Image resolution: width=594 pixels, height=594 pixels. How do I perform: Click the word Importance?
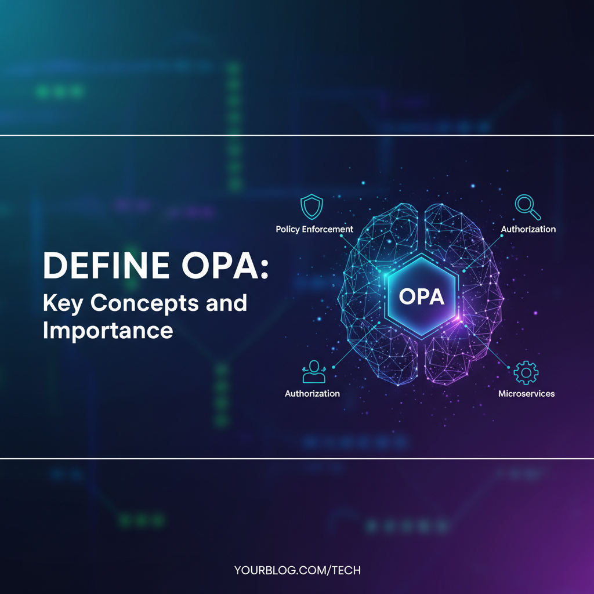108,330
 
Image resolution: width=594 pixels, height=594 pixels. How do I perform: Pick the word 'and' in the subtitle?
226,303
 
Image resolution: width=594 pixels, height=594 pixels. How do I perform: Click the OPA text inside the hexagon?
422,296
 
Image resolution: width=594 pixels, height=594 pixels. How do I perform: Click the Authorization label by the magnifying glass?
528,229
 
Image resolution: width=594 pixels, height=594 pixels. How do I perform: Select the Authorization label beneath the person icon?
312,393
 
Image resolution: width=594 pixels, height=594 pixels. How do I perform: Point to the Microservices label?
526,393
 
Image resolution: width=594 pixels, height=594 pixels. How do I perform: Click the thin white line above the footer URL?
297,458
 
